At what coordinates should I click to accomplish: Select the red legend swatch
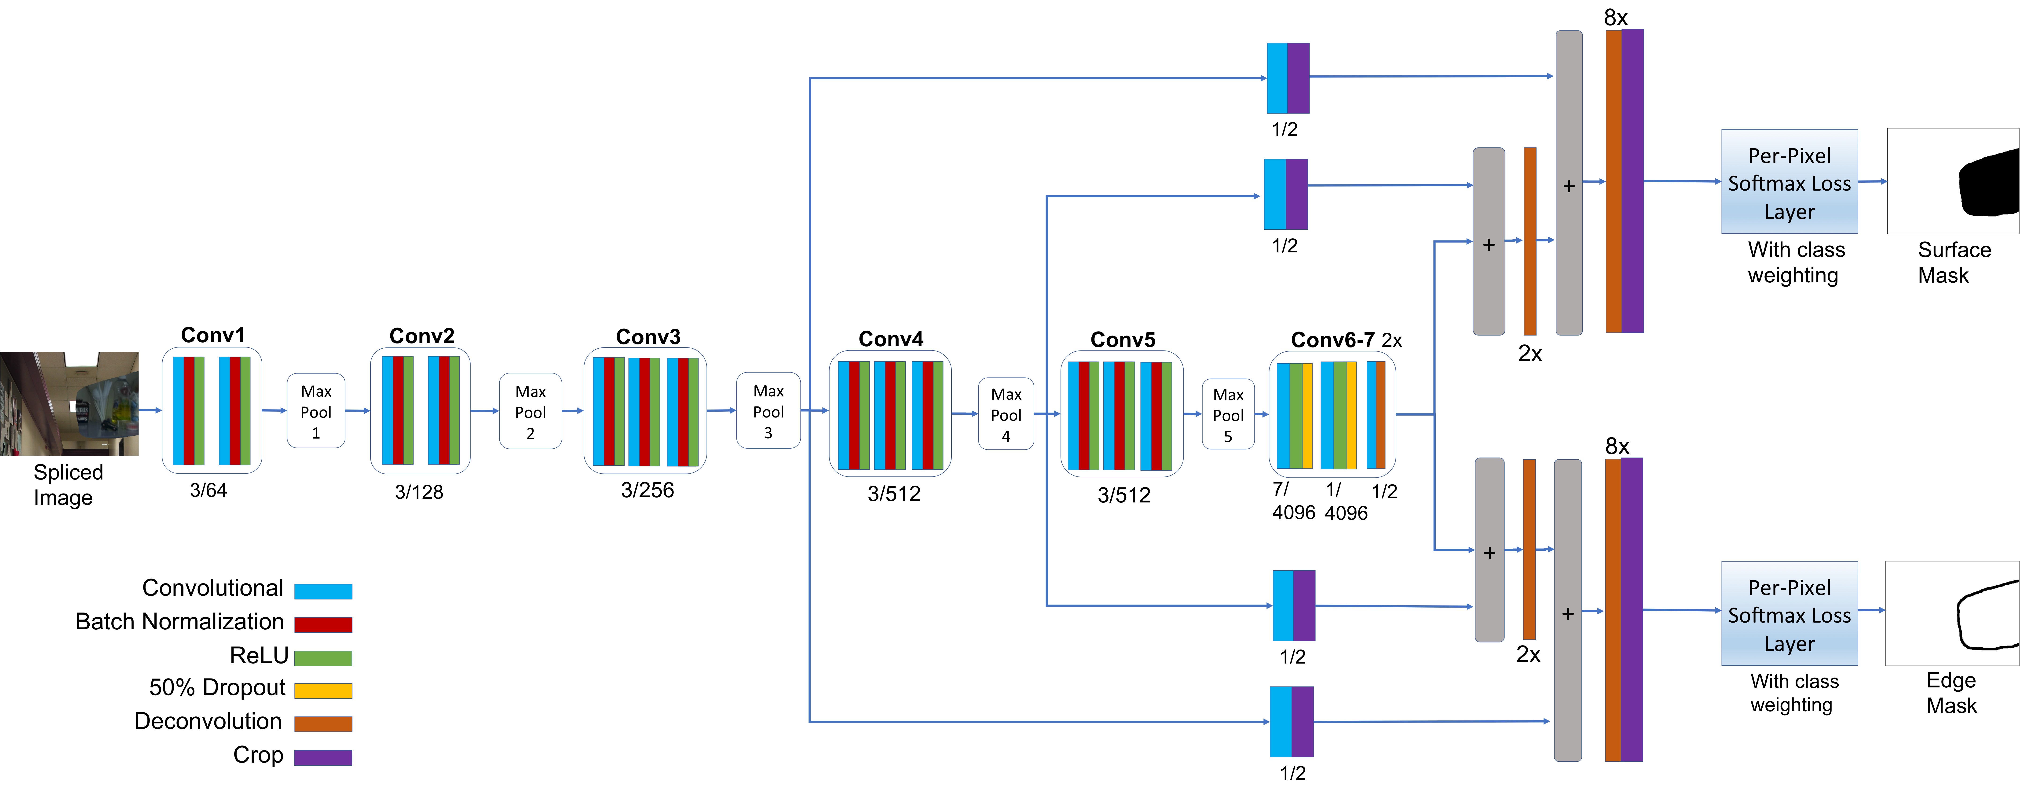[x=323, y=624]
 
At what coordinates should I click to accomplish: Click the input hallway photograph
[x=69, y=404]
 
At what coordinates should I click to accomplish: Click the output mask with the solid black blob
[x=1953, y=181]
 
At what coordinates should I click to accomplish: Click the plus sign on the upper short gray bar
[x=1488, y=245]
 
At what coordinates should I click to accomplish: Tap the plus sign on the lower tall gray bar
[x=1568, y=613]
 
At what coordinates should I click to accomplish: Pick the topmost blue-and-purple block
[x=1288, y=78]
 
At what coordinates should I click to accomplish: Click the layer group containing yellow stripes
[x=1332, y=414]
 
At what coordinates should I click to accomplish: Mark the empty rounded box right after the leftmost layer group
[x=316, y=410]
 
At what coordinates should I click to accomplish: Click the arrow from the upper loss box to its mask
[x=1872, y=181]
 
